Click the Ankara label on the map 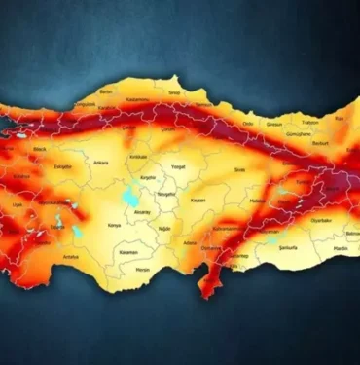tap(101, 163)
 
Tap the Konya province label tap(114, 225)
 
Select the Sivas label tap(239, 169)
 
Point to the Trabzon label tap(309, 123)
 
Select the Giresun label tap(275, 126)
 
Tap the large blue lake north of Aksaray tap(129, 195)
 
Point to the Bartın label tap(106, 91)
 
